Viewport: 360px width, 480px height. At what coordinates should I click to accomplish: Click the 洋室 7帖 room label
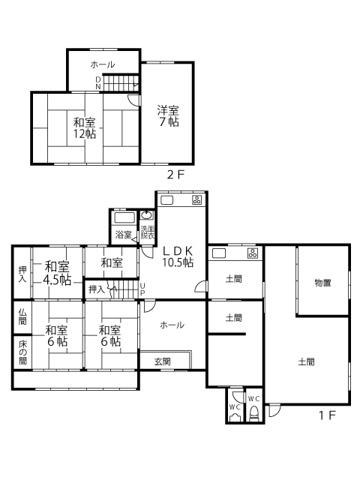coord(168,116)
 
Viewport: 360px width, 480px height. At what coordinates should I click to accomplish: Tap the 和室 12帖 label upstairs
coord(84,128)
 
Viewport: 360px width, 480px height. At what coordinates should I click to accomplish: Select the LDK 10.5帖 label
coord(178,256)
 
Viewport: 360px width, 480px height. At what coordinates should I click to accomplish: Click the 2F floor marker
coord(175,175)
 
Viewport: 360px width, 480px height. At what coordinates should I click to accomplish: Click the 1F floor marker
coord(327,415)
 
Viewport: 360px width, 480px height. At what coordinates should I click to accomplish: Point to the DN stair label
coord(98,83)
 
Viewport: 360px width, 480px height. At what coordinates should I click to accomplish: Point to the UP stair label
coord(142,289)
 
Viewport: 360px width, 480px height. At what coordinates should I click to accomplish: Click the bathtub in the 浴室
coord(124,218)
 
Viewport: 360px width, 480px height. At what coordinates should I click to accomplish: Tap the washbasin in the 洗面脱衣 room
coord(147,215)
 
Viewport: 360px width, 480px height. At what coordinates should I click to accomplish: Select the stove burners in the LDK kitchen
coord(196,200)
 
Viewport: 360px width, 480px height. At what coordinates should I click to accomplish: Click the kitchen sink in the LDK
coord(167,200)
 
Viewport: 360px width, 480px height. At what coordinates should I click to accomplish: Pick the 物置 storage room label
coord(322,283)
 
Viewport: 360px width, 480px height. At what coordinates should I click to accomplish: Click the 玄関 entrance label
coord(162,361)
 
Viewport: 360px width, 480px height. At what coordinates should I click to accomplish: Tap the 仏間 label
coord(22,316)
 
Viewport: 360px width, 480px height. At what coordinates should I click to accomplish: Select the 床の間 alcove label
coord(22,352)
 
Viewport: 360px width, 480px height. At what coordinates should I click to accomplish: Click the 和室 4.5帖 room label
coord(57,273)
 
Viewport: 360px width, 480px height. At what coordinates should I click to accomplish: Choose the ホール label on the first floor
coord(172,325)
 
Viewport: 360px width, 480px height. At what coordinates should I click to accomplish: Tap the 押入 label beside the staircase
coord(97,289)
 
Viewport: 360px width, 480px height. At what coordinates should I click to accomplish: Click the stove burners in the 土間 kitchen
coord(253,253)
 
